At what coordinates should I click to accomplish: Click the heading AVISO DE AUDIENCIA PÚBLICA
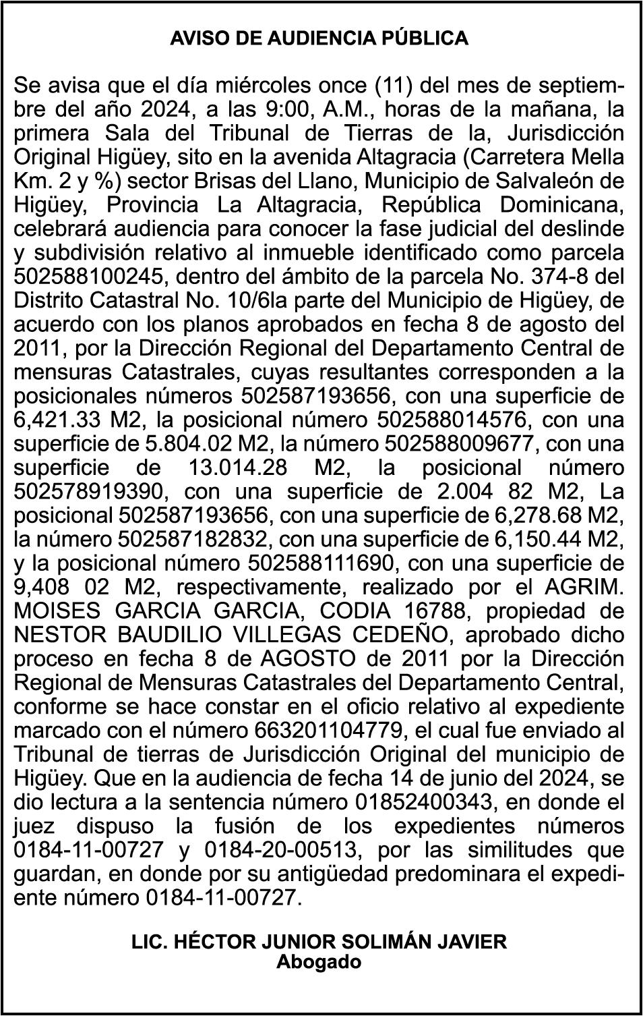click(319, 38)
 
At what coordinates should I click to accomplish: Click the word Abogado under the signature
click(319, 961)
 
